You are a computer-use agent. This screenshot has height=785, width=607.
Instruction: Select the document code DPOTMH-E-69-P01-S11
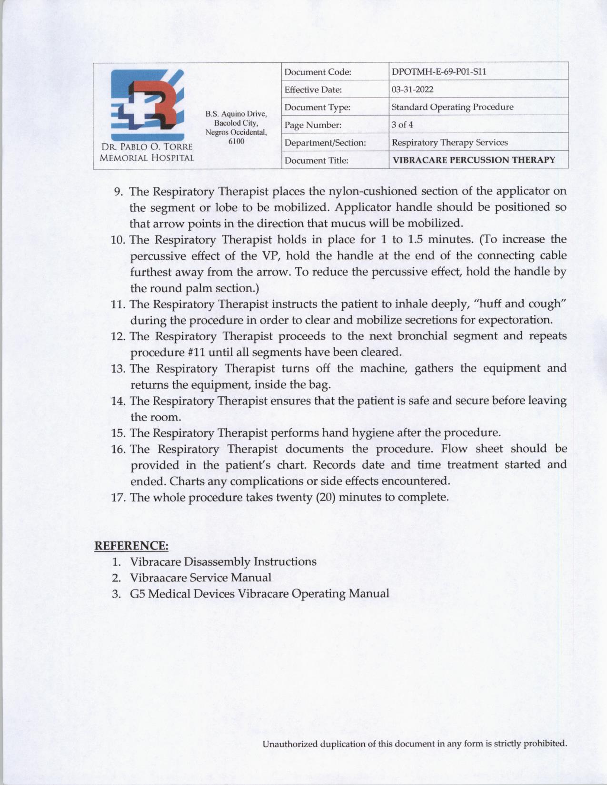pos(438,72)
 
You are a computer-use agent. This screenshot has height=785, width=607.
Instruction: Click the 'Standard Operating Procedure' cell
pos(452,107)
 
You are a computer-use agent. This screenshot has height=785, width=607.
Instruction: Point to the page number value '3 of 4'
pos(402,125)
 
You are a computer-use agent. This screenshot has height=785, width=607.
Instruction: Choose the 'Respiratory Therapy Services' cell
pos(449,142)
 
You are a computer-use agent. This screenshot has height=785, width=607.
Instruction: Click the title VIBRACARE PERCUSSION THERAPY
pos(474,160)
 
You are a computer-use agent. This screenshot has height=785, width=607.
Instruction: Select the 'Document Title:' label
pos(316,160)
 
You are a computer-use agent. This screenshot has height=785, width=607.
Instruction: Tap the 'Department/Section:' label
pos(325,142)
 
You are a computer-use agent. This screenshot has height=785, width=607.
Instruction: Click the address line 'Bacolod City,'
pos(236,123)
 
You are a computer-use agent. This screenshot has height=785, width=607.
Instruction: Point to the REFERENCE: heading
pos(131,545)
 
